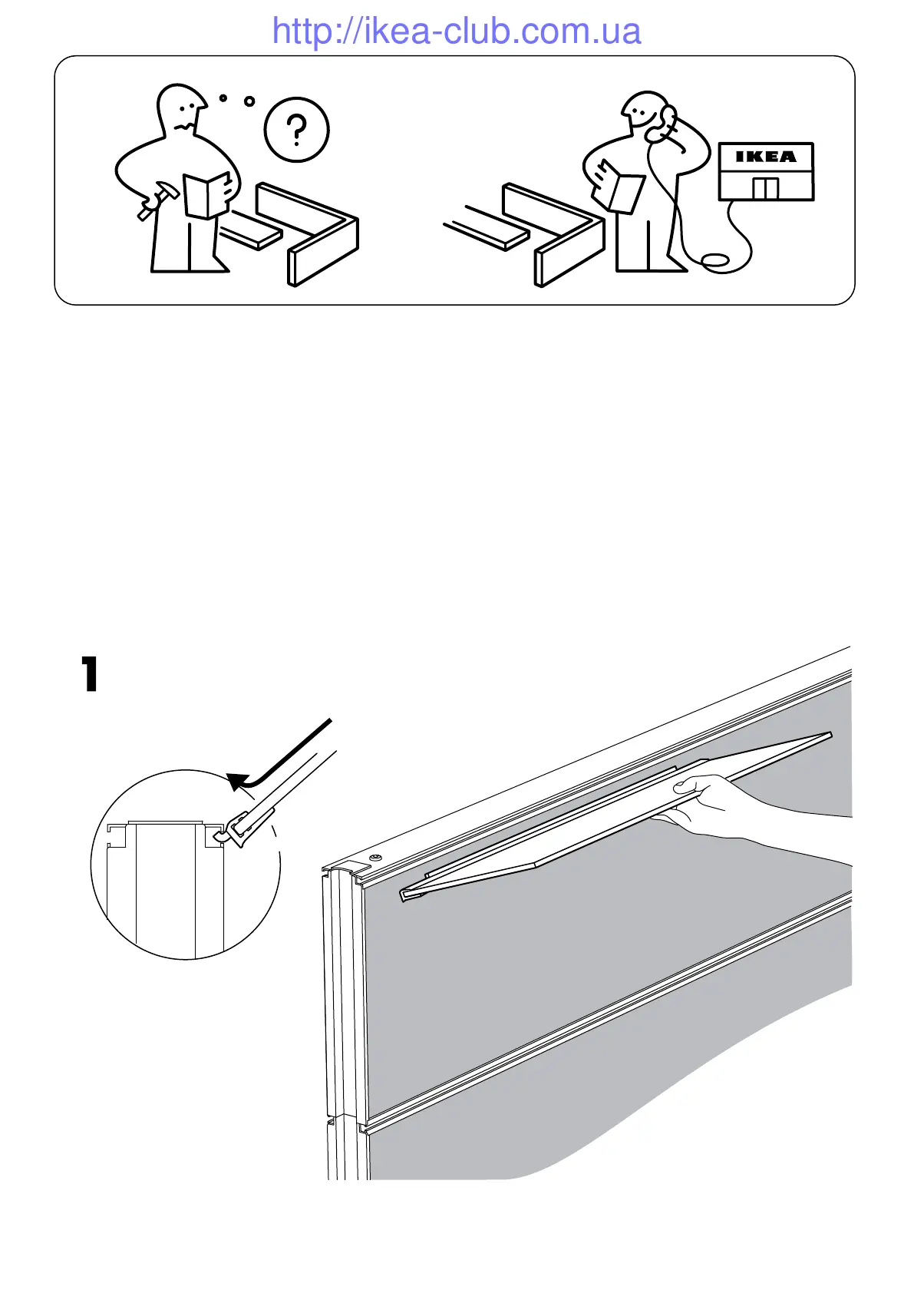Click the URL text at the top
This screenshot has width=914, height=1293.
pyautogui.click(x=457, y=31)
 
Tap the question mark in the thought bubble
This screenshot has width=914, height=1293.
pyautogui.click(x=297, y=130)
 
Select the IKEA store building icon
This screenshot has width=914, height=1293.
pyautogui.click(x=765, y=172)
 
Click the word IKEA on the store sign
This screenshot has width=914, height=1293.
pyautogui.click(x=765, y=157)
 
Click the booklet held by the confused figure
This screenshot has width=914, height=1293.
pyautogui.click(x=206, y=195)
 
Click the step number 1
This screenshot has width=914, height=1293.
pyautogui.click(x=91, y=675)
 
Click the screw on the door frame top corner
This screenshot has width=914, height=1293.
pyautogui.click(x=375, y=856)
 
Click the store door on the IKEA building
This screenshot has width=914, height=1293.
pyautogui.click(x=765, y=189)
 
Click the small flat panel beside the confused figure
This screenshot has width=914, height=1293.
pyautogui.click(x=250, y=235)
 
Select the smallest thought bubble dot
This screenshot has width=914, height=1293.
pyautogui.click(x=223, y=98)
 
